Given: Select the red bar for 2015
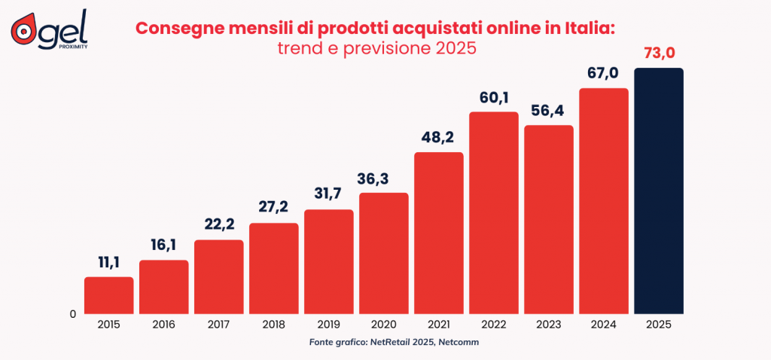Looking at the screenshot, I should [x=108, y=294].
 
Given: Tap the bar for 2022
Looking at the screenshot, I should [x=494, y=212].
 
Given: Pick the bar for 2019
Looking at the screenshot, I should [x=329, y=261].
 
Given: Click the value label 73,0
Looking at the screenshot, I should [x=659, y=53].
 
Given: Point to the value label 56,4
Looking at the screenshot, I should [x=549, y=111].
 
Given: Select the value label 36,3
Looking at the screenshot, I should [x=383, y=178].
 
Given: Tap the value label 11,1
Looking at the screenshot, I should [x=108, y=263].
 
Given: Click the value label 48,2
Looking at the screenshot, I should [x=439, y=138].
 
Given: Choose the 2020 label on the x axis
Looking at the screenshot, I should [x=383, y=324].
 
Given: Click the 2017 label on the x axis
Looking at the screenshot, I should [x=218, y=324].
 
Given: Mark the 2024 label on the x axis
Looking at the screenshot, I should [x=604, y=324].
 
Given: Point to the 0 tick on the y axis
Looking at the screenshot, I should [x=73, y=314].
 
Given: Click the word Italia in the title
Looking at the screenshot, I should [x=586, y=29].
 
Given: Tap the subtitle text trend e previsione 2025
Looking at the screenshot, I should [x=374, y=49].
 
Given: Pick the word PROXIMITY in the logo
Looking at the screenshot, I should [x=72, y=45].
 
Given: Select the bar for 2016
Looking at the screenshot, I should [x=163, y=286].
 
